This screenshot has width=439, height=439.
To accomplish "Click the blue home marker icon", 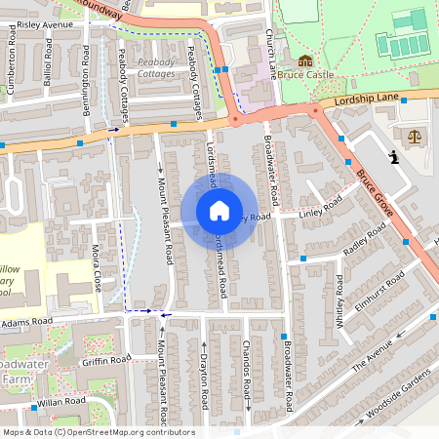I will coord(219,211).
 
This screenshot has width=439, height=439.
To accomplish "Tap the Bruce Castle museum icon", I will coord(302,60).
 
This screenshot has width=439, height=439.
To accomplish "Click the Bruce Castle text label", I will coord(306,74).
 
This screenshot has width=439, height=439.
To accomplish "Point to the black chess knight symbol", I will coord(393,156).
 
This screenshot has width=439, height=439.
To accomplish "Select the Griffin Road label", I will coord(106,360).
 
